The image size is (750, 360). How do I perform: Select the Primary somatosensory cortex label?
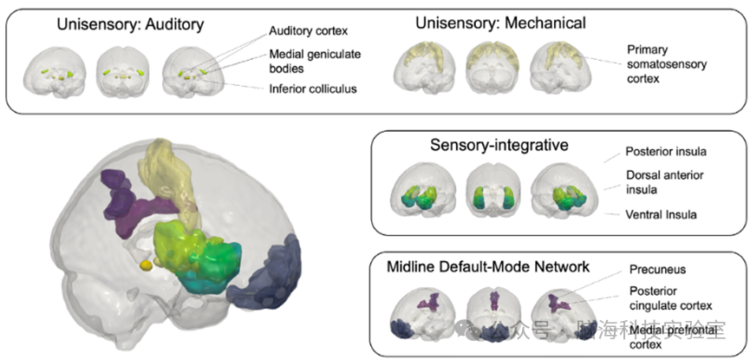664,63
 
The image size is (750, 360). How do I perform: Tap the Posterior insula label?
662,150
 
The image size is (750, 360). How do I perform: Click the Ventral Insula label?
662,213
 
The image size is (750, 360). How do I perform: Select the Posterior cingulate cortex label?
669,298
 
